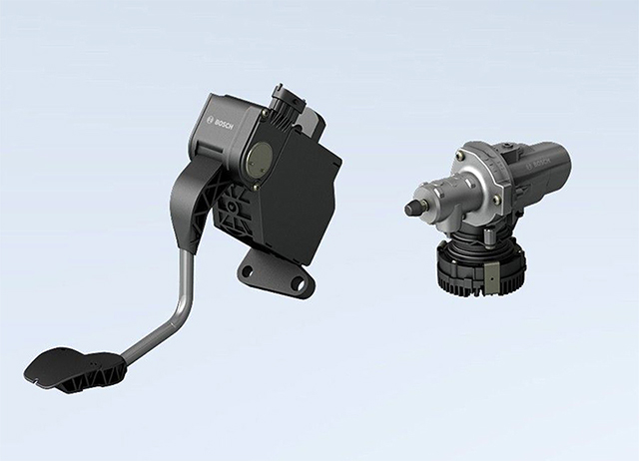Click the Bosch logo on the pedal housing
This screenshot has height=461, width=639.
click(x=220, y=120)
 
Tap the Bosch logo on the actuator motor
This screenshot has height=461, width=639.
click(x=538, y=165)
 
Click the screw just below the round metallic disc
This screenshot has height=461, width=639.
click(x=256, y=188)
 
